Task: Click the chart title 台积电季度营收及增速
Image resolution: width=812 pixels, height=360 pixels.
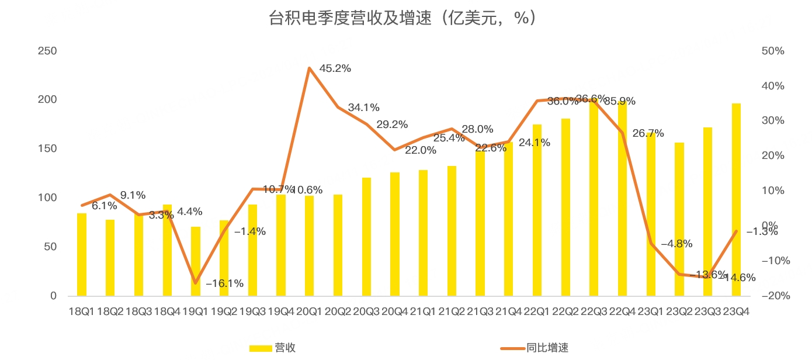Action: (401, 18)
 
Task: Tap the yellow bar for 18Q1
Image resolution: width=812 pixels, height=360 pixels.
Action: (82, 255)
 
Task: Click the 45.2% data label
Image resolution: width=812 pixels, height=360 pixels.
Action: (335, 68)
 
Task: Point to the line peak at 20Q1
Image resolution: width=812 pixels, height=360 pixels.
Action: (310, 68)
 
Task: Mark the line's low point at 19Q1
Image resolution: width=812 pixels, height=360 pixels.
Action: (196, 283)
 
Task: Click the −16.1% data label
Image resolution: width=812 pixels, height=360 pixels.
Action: (224, 283)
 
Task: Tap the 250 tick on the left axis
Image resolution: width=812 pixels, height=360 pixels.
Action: (47, 51)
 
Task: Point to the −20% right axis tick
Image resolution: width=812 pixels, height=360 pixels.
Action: (775, 296)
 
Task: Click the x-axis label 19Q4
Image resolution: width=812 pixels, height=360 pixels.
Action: (280, 311)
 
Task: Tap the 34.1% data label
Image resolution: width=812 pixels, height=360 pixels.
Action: (363, 108)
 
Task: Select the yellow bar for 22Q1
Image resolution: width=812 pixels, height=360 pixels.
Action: (537, 210)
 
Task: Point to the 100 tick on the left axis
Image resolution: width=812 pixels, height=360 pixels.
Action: (47, 198)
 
